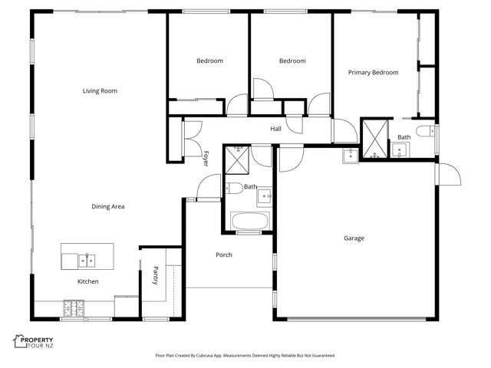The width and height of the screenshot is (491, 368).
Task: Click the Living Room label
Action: (100, 91)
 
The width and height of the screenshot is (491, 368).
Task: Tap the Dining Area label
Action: (108, 206)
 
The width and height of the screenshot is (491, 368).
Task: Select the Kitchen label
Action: (87, 281)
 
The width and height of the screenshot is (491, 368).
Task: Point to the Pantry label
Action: (155, 275)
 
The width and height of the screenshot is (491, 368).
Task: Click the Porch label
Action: (224, 255)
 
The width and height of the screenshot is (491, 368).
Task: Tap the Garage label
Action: (354, 238)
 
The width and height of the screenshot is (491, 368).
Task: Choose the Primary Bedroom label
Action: (373, 73)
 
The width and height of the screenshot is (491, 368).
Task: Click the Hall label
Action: (275, 129)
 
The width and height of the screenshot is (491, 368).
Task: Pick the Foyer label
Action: (206, 158)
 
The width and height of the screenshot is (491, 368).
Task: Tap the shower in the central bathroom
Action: (237, 160)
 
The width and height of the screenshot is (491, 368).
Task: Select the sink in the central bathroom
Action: (265, 195)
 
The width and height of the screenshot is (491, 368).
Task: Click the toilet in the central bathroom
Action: (232, 187)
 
